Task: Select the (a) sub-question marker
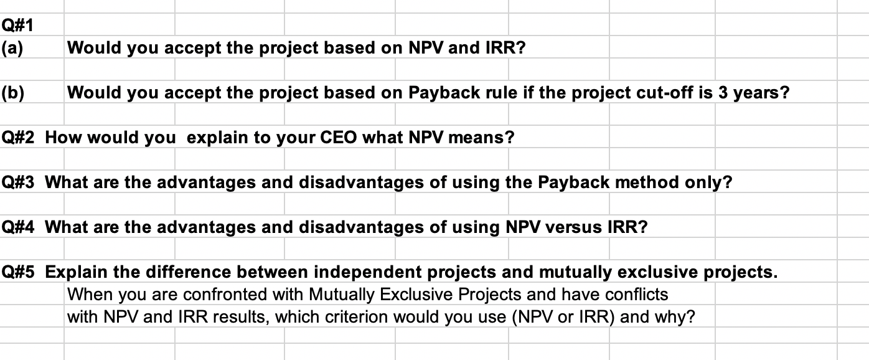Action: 12,48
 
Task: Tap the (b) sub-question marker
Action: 12,93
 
